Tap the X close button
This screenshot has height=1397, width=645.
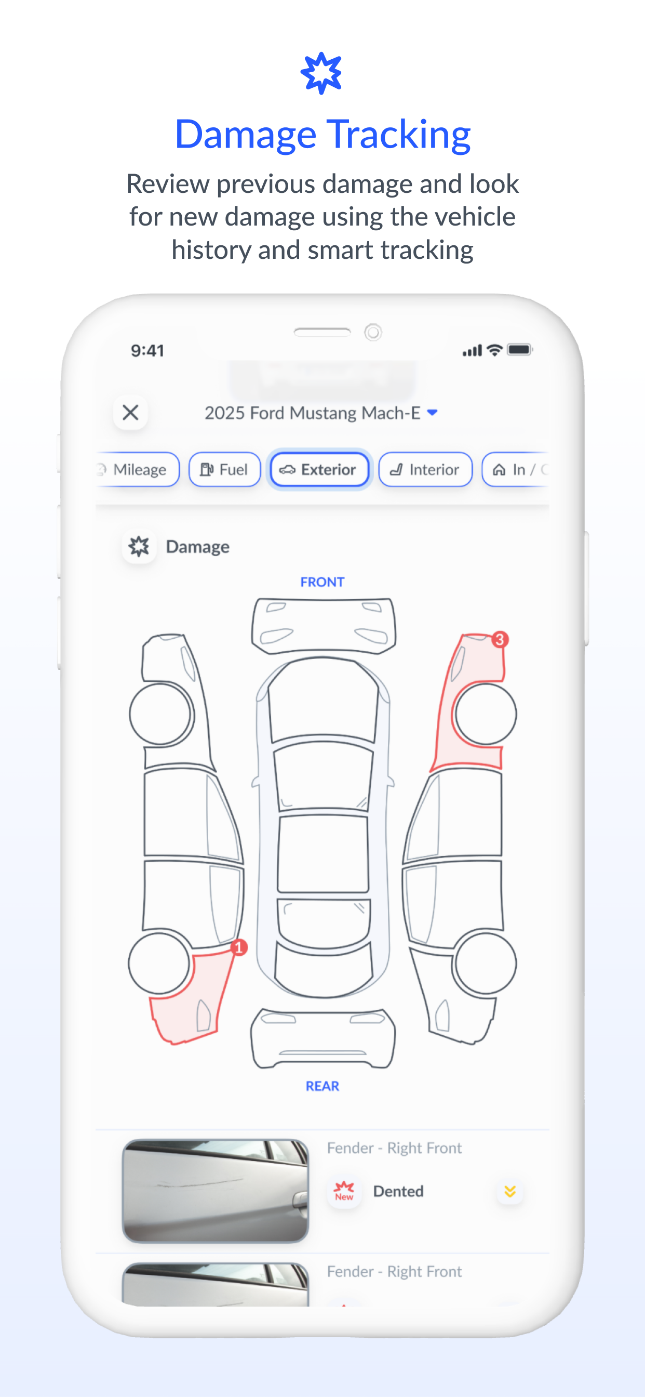click(x=130, y=413)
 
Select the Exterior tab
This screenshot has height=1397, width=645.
click(x=319, y=469)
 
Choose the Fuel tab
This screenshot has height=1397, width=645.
click(x=224, y=469)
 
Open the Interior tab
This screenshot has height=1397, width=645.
click(x=425, y=469)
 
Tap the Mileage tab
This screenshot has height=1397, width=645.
click(x=138, y=469)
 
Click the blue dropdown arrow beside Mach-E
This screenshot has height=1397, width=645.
click(x=432, y=413)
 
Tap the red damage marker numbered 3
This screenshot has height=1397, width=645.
click(x=500, y=639)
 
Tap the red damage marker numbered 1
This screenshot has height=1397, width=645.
click(x=238, y=947)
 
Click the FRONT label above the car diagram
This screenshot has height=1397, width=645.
click(x=322, y=582)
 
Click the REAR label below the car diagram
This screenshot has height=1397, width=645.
click(x=322, y=1086)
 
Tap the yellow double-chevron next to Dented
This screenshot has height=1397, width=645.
click(x=509, y=1191)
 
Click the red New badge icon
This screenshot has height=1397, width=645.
click(x=344, y=1191)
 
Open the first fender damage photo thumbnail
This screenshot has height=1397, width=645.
click(x=216, y=1190)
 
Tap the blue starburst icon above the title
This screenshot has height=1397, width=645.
click(x=321, y=73)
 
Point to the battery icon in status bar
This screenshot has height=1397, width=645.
click(x=520, y=350)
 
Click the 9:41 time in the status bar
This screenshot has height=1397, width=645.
click(x=147, y=351)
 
